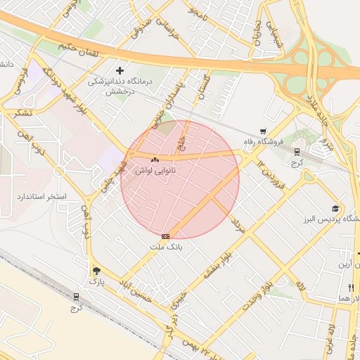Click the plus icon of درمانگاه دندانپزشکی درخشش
(x=120, y=70)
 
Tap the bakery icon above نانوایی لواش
(x=155, y=160)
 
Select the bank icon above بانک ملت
(x=165, y=237)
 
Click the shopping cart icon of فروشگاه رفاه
(x=263, y=131)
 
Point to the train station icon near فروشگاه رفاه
(x=297, y=150)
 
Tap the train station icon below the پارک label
(x=76, y=297)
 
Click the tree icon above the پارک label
(x=96, y=271)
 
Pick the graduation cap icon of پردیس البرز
(x=335, y=208)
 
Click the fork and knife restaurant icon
(x=350, y=288)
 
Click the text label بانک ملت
(x=166, y=247)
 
